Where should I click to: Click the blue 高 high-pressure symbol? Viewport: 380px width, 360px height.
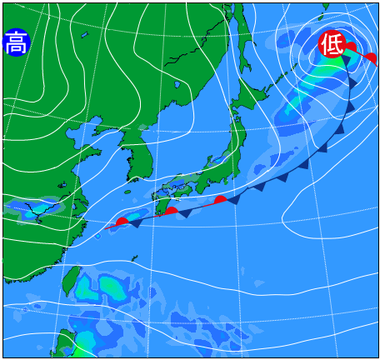16,42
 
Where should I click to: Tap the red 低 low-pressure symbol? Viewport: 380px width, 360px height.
332,43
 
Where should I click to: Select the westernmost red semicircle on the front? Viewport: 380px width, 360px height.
122,222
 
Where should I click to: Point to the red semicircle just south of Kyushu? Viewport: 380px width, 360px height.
171,211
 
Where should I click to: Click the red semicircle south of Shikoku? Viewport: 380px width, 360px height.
220,200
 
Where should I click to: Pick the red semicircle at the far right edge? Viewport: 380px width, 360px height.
371,58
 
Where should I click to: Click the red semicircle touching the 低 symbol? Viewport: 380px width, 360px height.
351,47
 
